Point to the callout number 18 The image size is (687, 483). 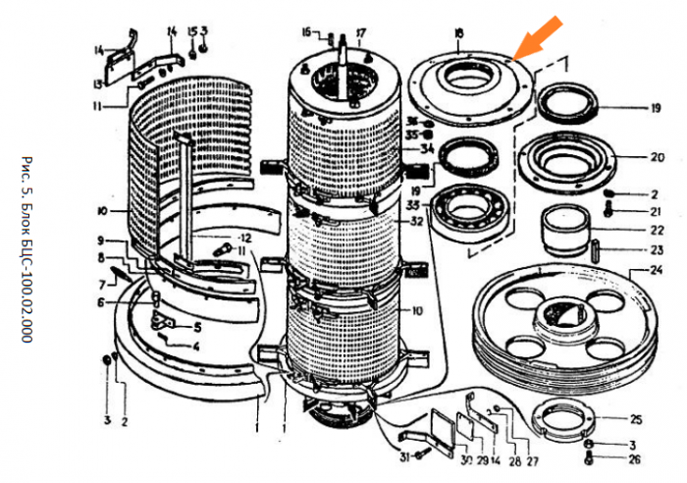(x=459, y=34)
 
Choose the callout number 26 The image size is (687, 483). (x=635, y=458)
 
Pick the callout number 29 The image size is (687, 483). (x=482, y=462)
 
